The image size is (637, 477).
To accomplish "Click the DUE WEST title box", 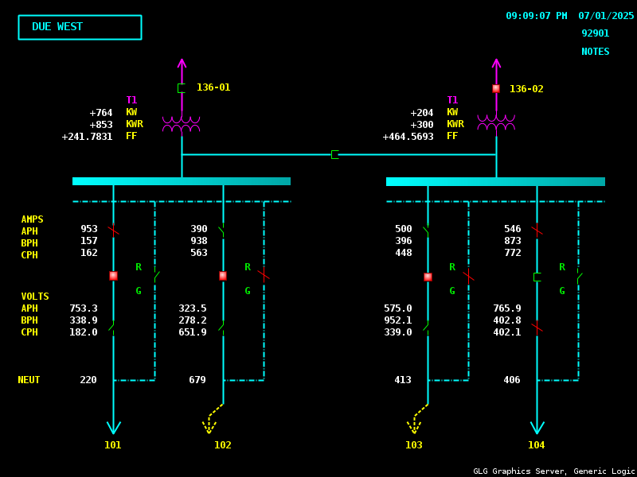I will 80,27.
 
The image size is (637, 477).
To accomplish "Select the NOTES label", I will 595,52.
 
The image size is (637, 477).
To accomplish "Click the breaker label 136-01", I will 213,87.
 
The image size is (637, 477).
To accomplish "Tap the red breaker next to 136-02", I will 496,89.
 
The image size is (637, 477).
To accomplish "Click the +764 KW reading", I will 101,113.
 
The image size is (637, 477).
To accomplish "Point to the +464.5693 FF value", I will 408,137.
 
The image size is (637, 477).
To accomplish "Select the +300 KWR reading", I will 422,125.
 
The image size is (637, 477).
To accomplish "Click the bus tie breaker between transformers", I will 335,154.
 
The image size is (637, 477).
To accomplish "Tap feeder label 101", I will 113,445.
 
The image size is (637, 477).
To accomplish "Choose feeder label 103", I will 414,445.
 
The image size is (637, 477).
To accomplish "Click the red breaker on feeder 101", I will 113,276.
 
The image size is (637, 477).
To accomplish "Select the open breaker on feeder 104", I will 537,277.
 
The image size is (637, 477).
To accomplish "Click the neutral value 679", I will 197,380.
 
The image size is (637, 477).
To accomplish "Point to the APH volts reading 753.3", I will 84,308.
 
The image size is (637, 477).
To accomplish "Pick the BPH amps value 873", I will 513,241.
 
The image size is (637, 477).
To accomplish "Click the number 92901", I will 595,33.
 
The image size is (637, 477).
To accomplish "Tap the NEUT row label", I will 29,380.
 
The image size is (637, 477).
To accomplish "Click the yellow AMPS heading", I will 33,219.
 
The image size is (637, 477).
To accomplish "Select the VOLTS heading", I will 35,297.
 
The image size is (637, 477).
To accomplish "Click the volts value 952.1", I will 398,320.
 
